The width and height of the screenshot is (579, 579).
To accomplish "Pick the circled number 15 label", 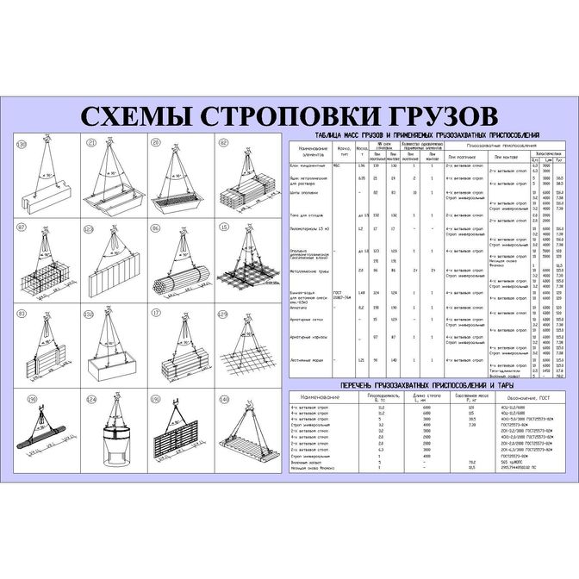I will tap(222, 228).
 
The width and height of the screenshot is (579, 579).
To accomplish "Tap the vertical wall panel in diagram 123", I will tap(109, 281).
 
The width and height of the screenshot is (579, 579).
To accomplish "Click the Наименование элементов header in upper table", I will tap(308, 153).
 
